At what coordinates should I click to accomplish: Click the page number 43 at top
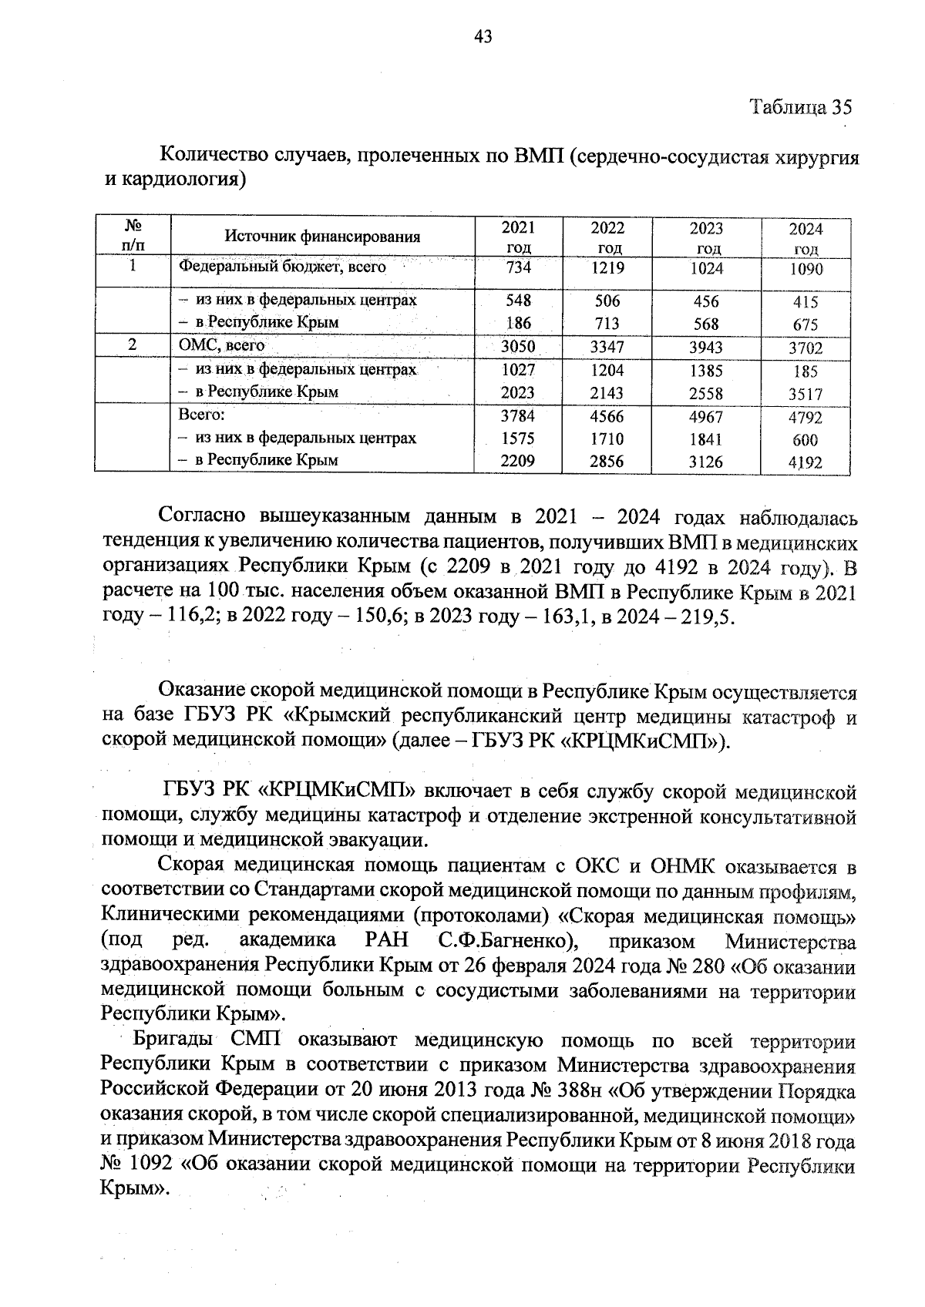coord(483,36)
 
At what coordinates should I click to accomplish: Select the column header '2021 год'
coord(518,237)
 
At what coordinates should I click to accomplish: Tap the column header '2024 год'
coord(806,239)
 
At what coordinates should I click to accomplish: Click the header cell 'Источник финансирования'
coord(322,237)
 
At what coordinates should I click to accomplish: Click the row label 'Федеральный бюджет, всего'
coord(282,267)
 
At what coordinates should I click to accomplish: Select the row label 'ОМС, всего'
coord(222,345)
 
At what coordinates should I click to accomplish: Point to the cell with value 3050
coord(518,347)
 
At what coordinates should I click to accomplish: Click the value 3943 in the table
coord(706,347)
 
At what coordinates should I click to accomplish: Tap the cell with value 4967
coord(706,417)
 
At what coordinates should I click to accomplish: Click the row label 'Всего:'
coord(201,415)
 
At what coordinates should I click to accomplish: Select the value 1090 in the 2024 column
coord(806,270)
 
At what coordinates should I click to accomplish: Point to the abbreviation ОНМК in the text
coord(688,867)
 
